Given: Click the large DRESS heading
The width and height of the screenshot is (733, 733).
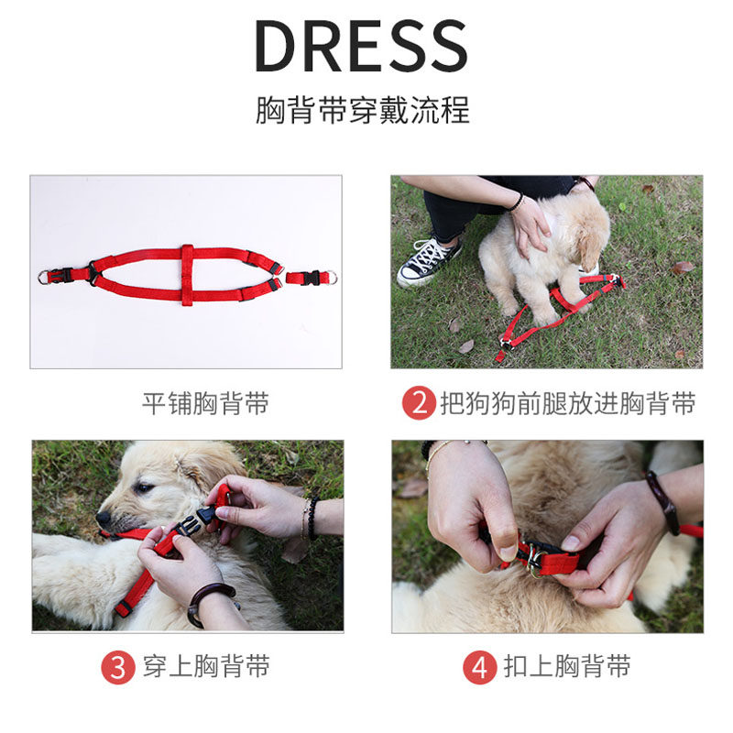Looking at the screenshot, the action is tap(361, 46).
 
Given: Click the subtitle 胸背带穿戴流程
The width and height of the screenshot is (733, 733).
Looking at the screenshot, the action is tap(362, 110).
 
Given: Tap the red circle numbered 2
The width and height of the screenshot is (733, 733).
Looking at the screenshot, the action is tap(419, 403).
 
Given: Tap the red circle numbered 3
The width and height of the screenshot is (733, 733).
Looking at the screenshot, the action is tap(118, 667).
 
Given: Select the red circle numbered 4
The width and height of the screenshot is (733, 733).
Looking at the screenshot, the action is tap(479, 667).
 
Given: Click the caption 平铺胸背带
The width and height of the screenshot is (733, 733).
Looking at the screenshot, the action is tap(205, 403).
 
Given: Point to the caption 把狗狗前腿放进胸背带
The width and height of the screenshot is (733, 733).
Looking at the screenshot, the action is tap(568, 403).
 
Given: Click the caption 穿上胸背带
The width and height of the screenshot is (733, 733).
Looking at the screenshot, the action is tap(206, 667).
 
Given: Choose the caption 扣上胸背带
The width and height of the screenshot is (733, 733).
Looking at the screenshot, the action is tap(567, 667).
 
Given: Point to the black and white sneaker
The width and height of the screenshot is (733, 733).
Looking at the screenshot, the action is tap(428, 262).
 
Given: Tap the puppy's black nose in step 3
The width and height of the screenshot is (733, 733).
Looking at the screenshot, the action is tap(104, 517).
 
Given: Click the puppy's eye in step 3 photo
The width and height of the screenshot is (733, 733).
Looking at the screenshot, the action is tap(144, 488).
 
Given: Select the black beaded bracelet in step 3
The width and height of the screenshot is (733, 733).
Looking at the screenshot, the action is tap(312, 518).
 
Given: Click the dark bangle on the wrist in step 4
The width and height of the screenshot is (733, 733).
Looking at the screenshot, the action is tap(662, 502).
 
